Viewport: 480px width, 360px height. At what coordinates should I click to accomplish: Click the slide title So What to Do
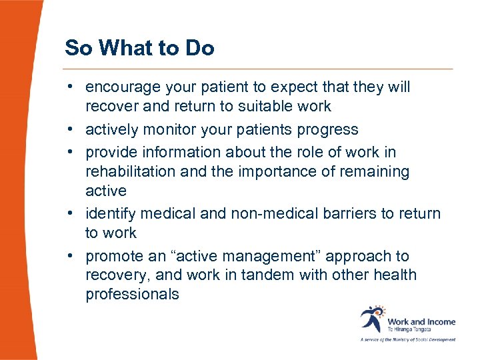click(x=139, y=48)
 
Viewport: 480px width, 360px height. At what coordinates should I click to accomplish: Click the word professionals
click(x=132, y=294)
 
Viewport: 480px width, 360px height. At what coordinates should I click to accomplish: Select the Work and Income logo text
click(x=421, y=321)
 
